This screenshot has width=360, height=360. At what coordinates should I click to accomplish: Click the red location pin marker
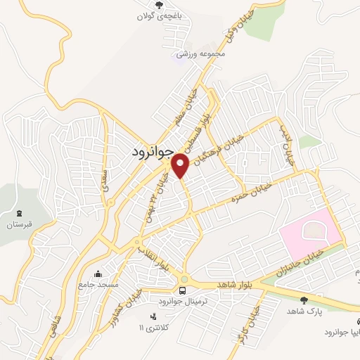click(181, 165)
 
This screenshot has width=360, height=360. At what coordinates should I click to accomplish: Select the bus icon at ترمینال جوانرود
click(183, 290)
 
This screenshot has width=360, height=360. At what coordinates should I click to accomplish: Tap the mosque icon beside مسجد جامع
click(98, 273)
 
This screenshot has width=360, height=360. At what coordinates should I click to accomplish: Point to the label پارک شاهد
click(303, 311)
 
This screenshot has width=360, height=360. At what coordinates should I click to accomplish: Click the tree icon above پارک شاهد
click(303, 300)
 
